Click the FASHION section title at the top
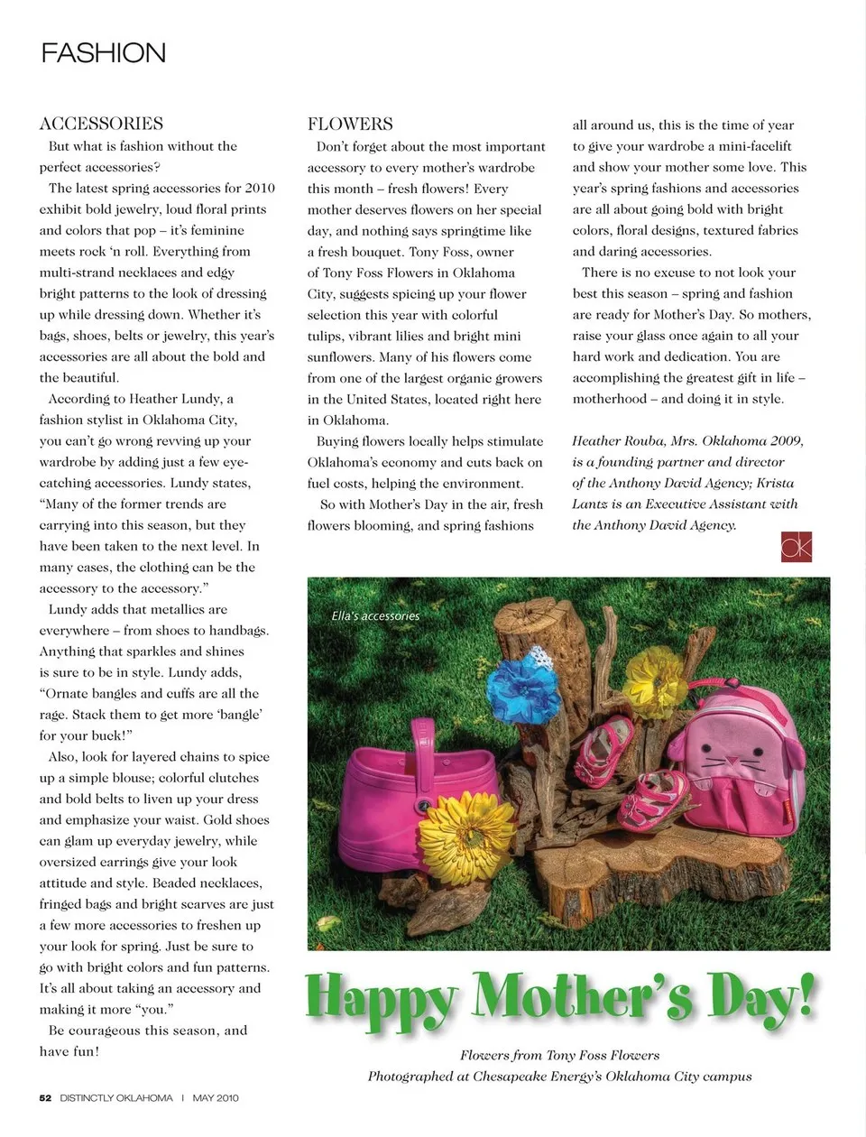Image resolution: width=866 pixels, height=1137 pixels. (x=104, y=53)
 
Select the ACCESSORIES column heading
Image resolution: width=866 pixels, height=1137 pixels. (x=101, y=124)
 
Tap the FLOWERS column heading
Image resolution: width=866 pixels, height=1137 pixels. (x=350, y=125)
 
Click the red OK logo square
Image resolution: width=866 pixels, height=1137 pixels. (x=797, y=546)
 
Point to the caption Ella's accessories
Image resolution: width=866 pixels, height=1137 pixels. (x=375, y=615)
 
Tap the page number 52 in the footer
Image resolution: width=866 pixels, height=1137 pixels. (x=45, y=1098)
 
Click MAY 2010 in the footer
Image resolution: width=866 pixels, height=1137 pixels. (x=216, y=1098)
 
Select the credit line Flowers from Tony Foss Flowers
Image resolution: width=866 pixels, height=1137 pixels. (x=559, y=1055)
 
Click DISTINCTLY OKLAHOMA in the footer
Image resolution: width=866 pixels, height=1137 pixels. (x=116, y=1098)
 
